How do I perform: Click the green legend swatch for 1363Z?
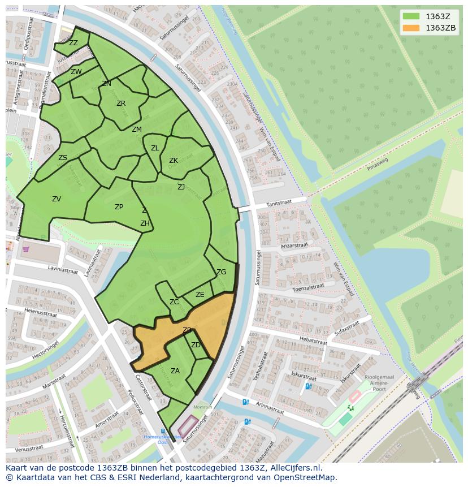(411, 16)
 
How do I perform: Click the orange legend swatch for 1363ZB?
(411, 28)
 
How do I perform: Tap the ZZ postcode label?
(73, 43)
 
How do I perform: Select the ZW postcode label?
(76, 72)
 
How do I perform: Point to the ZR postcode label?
(121, 104)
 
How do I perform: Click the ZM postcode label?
(137, 130)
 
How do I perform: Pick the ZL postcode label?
(155, 148)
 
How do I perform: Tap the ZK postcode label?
(174, 161)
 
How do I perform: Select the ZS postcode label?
(63, 158)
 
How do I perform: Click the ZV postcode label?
(57, 199)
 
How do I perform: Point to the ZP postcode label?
(119, 207)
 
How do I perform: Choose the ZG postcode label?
(221, 272)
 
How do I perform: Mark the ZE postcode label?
(200, 295)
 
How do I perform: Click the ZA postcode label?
(175, 371)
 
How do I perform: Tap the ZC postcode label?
(174, 302)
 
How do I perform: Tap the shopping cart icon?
(25, 248)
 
